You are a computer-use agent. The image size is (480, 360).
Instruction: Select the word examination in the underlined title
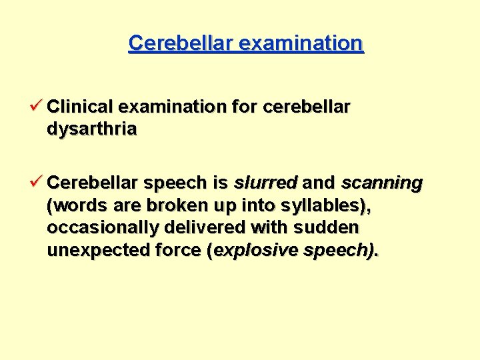(x=301, y=43)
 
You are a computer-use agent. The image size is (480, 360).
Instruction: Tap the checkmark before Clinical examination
(x=37, y=106)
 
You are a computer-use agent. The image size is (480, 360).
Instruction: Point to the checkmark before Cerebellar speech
(x=37, y=183)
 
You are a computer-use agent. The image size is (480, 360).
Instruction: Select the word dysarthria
(x=92, y=129)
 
